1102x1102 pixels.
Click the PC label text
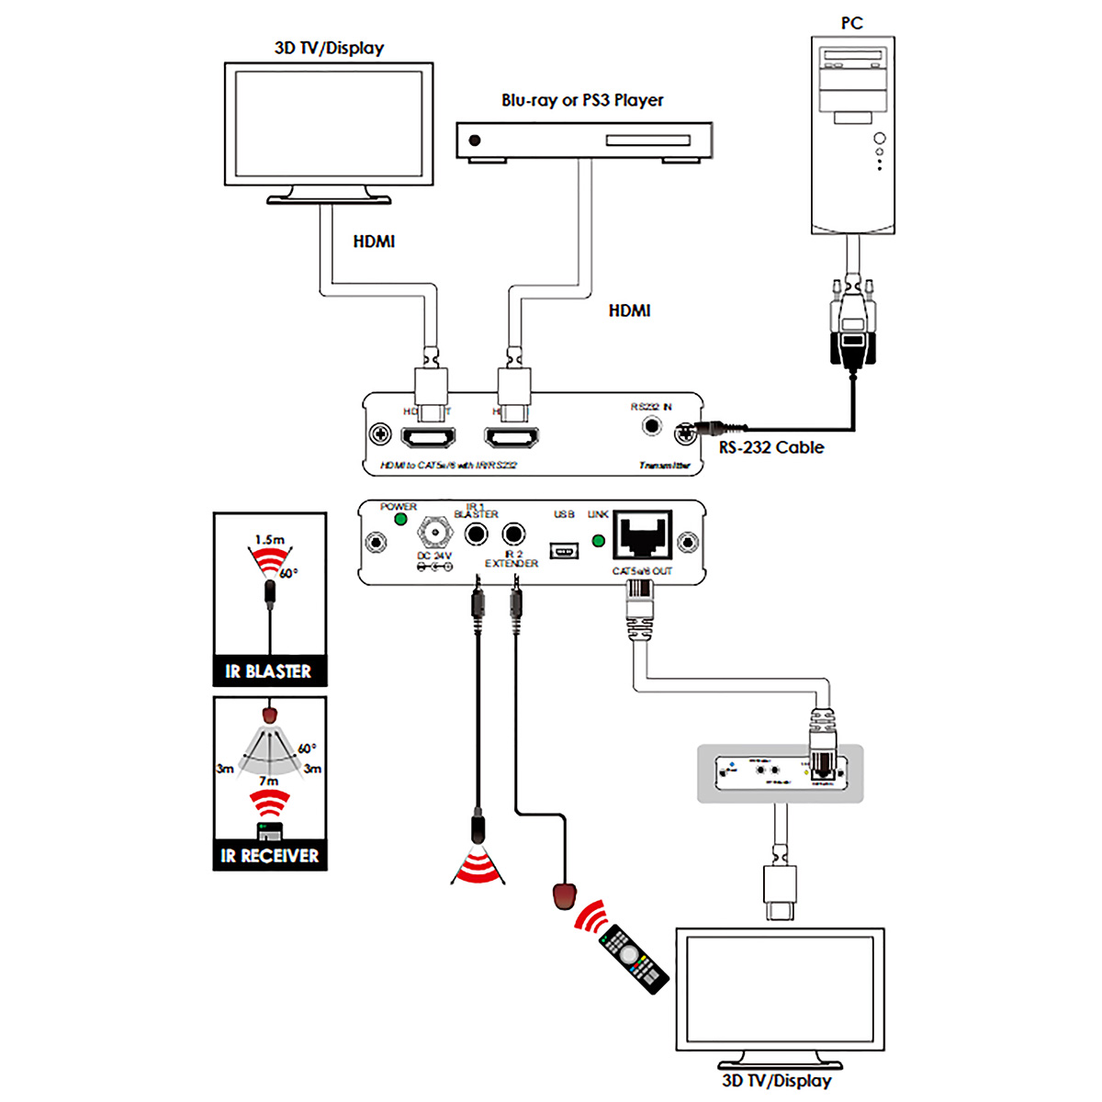pyautogui.click(x=851, y=23)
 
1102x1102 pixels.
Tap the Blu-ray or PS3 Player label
pyautogui.click(x=582, y=100)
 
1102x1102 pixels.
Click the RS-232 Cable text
pyautogui.click(x=771, y=447)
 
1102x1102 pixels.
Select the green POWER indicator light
pyautogui.click(x=400, y=519)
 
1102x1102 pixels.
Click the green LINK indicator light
pyautogui.click(x=599, y=541)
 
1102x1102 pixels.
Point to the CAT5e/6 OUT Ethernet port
pyautogui.click(x=643, y=534)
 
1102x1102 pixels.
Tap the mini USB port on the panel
pyautogui.click(x=564, y=550)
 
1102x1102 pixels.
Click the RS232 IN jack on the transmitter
pyautogui.click(x=652, y=426)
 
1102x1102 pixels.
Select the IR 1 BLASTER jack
pyautogui.click(x=476, y=534)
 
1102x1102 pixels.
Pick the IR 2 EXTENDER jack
pyautogui.click(x=514, y=534)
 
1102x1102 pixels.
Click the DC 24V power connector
pyautogui.click(x=435, y=533)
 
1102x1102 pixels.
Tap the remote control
pyautogui.click(x=633, y=960)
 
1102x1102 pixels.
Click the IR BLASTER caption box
pyautogui.click(x=269, y=671)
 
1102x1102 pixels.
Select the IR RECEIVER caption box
pyautogui.click(x=270, y=856)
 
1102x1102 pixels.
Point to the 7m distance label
pyautogui.click(x=268, y=781)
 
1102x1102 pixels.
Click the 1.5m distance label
pyautogui.click(x=270, y=540)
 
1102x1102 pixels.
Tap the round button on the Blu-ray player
pyautogui.click(x=475, y=141)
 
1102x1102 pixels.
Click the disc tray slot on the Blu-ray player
pyautogui.click(x=647, y=141)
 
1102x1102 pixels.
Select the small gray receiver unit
pyautogui.click(x=780, y=773)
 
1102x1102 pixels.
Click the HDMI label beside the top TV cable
pyautogui.click(x=374, y=242)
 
